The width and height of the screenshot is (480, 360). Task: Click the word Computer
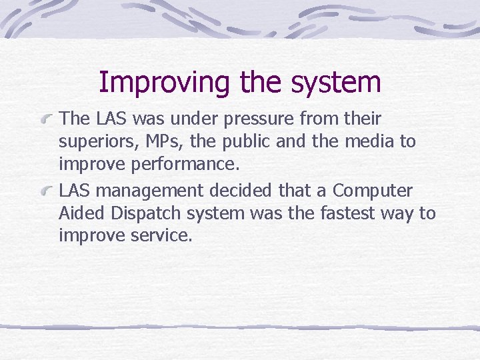click(373, 191)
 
